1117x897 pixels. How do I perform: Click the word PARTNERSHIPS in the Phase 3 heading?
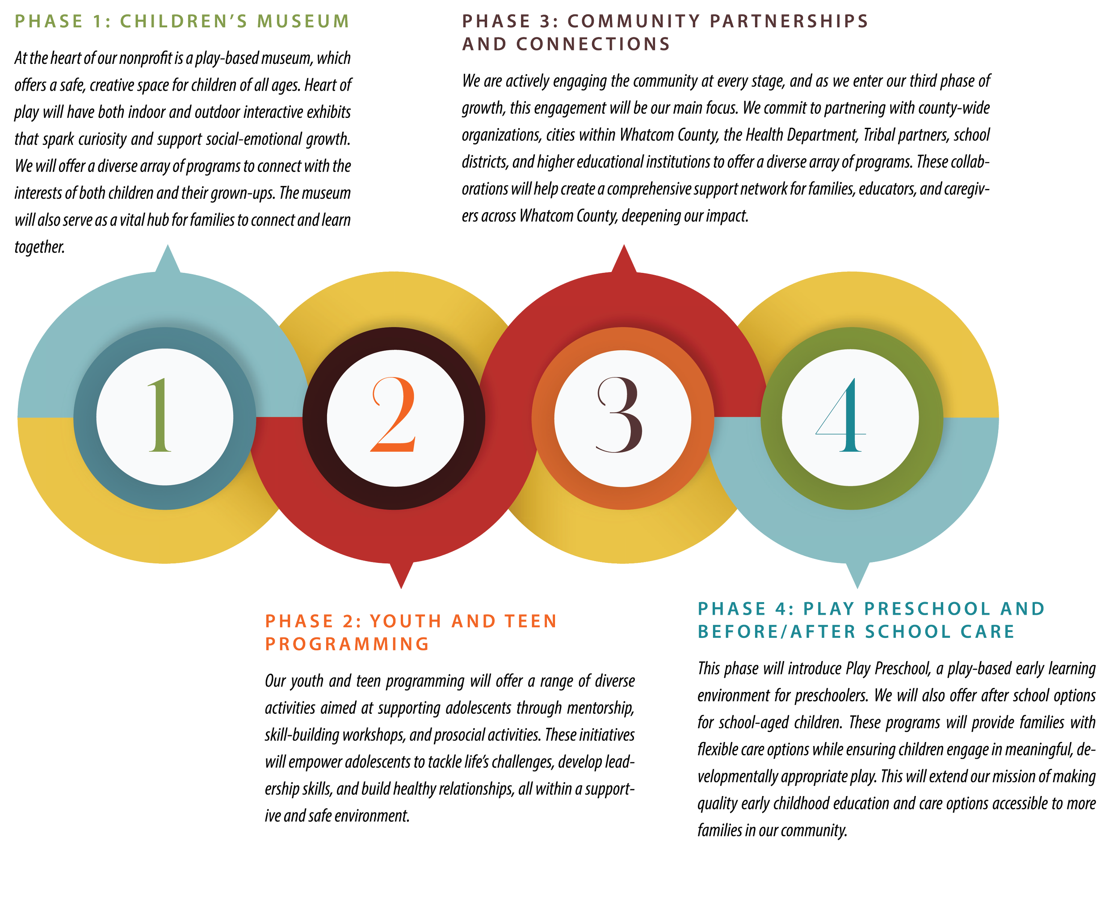coord(789,21)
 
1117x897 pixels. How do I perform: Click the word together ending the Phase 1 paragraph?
coord(39,247)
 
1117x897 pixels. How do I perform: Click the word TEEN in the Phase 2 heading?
coord(530,621)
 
